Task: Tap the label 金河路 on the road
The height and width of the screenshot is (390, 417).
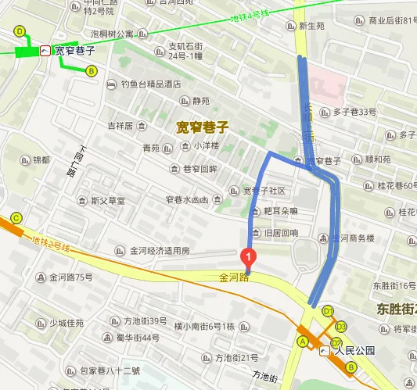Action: point(234,277)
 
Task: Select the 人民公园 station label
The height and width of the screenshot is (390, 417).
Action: point(350,350)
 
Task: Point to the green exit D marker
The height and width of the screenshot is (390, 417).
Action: point(20,31)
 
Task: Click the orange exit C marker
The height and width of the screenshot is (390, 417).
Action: point(16,218)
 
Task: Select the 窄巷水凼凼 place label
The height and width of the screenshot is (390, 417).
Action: point(182,200)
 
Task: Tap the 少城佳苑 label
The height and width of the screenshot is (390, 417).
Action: point(67,323)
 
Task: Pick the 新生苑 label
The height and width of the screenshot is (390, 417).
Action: point(311,26)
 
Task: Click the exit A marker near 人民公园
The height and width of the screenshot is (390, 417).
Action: point(302,342)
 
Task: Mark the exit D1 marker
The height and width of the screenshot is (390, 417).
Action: point(328,310)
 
